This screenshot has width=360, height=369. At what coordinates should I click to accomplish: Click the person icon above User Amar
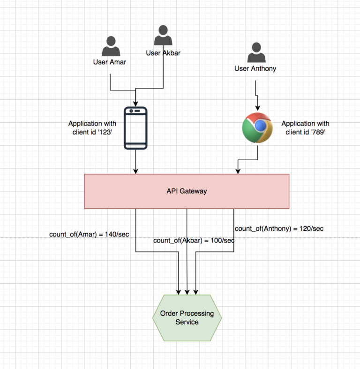pyautogui.click(x=111, y=46)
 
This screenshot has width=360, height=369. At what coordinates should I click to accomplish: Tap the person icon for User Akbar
pyautogui.click(x=163, y=35)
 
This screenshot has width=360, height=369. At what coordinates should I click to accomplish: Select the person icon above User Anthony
pyautogui.click(x=256, y=52)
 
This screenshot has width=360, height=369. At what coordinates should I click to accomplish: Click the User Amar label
pyautogui.click(x=110, y=62)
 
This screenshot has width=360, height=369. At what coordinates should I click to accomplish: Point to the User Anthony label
pyautogui.click(x=255, y=68)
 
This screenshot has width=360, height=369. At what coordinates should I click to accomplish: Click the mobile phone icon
pyautogui.click(x=135, y=128)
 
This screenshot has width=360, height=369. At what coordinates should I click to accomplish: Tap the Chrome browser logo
pyautogui.click(x=257, y=128)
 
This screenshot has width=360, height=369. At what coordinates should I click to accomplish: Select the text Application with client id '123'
pyautogui.click(x=92, y=128)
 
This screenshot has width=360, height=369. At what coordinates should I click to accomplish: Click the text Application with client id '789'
pyautogui.click(x=305, y=128)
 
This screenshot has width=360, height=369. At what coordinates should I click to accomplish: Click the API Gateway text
pyautogui.click(x=187, y=191)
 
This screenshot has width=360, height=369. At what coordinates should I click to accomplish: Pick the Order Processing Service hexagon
pyautogui.click(x=187, y=317)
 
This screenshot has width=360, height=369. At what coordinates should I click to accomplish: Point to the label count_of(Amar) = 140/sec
pyautogui.click(x=89, y=235)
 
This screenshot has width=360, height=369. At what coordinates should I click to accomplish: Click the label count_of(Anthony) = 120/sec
pyautogui.click(x=279, y=229)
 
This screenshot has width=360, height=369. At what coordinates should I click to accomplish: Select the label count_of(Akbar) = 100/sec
pyautogui.click(x=194, y=241)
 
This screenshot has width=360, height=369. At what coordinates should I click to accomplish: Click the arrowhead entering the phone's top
pyautogui.click(x=135, y=104)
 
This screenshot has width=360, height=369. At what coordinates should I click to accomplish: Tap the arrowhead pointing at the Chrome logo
pyautogui.click(x=257, y=108)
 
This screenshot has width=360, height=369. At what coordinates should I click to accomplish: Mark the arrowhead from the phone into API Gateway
pyautogui.click(x=135, y=171)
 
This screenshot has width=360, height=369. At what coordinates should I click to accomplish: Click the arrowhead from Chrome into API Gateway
pyautogui.click(x=238, y=171)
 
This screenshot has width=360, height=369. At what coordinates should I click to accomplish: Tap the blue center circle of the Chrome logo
pyautogui.click(x=260, y=125)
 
